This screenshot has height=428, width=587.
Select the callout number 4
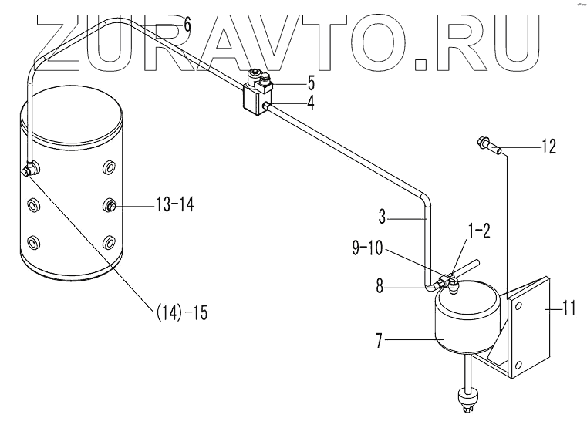click(x=310, y=100)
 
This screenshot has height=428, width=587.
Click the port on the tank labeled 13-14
click(x=112, y=205)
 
